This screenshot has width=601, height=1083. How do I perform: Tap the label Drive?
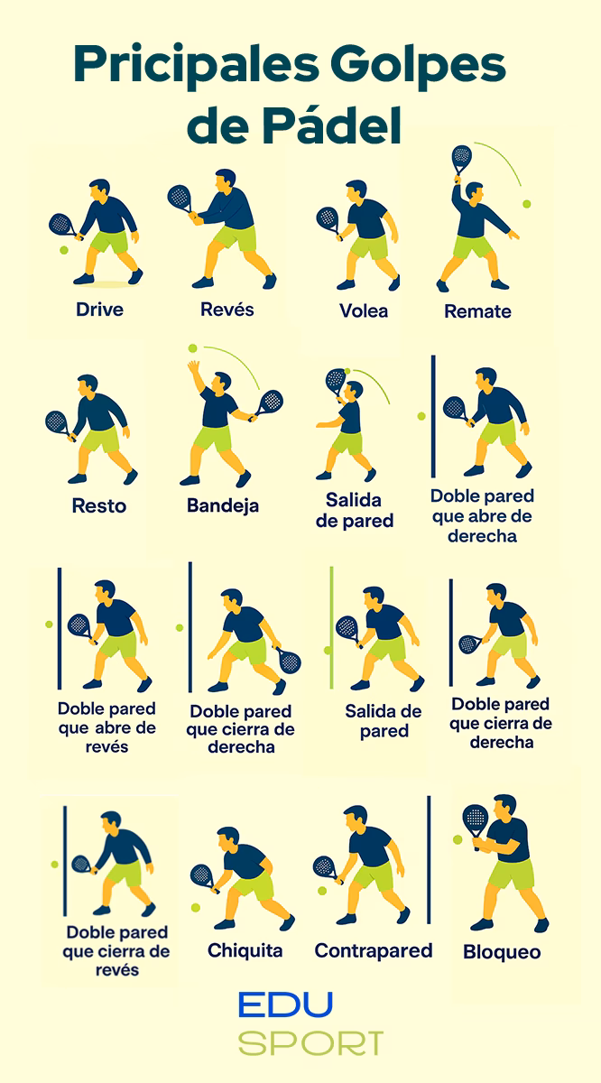click(99, 310)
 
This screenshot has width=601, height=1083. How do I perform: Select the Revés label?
click(227, 310)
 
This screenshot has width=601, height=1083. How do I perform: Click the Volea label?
click(364, 311)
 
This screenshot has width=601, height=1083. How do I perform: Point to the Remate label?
click(477, 312)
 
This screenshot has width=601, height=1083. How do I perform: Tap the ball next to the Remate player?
click(526, 204)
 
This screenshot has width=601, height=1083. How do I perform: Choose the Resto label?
click(99, 505)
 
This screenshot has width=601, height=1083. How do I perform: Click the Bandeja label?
click(223, 505)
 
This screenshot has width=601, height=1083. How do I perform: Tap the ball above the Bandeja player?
click(192, 348)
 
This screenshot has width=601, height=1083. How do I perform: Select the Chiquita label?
click(245, 950)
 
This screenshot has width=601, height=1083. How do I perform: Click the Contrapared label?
click(374, 950)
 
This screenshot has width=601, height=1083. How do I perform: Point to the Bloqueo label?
click(502, 952)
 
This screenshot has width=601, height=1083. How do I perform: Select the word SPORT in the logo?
click(311, 1043)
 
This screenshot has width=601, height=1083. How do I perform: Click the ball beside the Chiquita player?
click(195, 906)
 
